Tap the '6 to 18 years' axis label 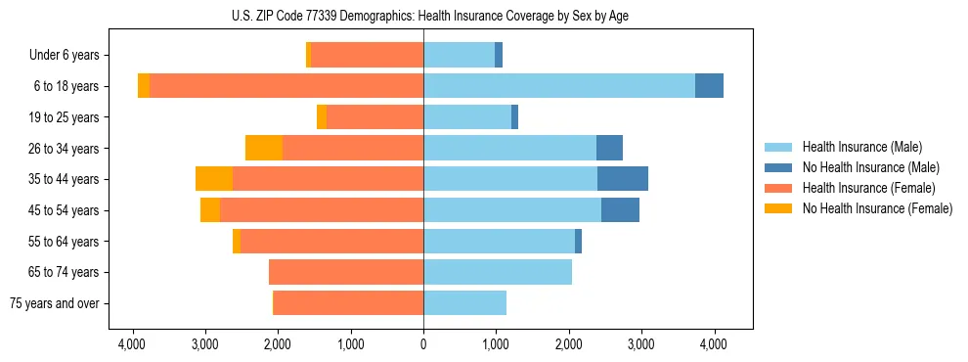coord(66,86)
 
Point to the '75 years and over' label coord(54,303)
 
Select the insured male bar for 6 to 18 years coord(558,86)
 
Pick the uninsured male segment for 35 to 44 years coord(623,179)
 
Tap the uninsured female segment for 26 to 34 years coord(264,148)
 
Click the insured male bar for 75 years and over coord(464,303)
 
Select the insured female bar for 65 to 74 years coord(346,272)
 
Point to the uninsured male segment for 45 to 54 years coord(620,210)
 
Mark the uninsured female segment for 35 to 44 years coord(214,179)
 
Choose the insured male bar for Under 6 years coord(459,56)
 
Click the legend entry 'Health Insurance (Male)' coord(861,148)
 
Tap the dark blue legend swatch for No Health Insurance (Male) coord(779,168)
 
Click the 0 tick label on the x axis coord(423,344)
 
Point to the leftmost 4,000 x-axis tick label coord(132,344)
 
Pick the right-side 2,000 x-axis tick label coord(569,344)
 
